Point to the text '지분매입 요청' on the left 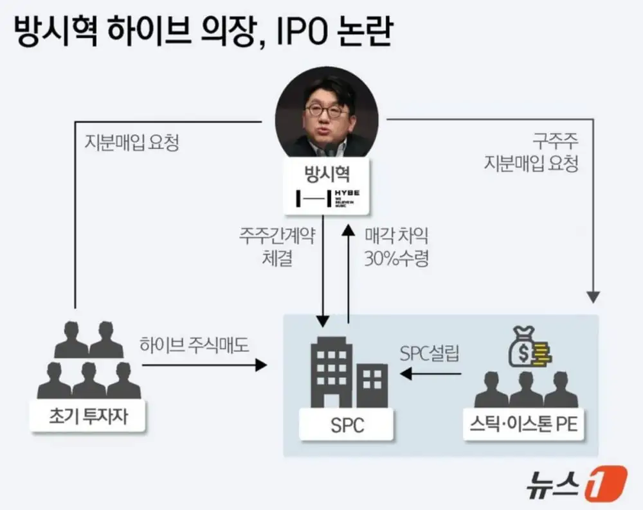click(132, 142)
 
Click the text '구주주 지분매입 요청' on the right click(531, 153)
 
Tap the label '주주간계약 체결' click(276, 247)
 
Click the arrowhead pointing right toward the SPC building click(261, 365)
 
